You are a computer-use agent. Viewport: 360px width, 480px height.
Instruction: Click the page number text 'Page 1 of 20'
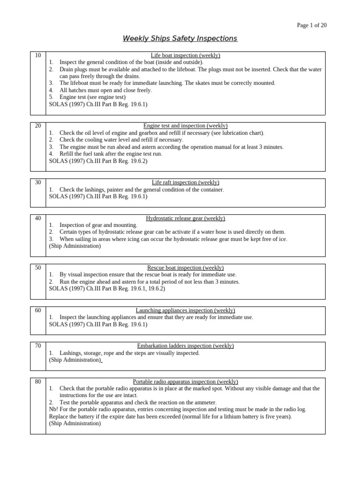tap(312, 25)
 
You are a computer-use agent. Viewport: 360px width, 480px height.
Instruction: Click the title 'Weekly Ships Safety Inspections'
tap(180, 38)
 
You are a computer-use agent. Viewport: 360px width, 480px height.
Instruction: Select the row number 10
tap(38, 55)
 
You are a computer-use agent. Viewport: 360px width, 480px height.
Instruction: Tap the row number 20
tap(38, 126)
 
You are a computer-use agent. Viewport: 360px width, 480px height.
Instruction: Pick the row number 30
tap(38, 182)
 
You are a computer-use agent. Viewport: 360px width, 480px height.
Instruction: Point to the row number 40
tap(38, 218)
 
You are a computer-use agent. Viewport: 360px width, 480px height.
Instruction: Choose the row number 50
tap(38, 268)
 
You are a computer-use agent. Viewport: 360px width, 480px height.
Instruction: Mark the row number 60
tap(38, 310)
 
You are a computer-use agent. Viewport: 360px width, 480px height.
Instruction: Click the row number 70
tap(38, 346)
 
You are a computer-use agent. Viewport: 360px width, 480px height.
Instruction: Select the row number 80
tap(38, 382)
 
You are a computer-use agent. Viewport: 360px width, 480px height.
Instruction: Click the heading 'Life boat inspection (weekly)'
tap(186, 55)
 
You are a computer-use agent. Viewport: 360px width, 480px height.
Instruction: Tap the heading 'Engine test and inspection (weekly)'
tap(186, 126)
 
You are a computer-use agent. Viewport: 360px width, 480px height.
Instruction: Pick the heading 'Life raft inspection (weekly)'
tap(186, 182)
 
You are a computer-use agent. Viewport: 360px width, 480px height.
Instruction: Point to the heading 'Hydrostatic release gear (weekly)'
tap(186, 218)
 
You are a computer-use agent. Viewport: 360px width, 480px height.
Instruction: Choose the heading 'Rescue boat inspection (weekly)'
tap(186, 268)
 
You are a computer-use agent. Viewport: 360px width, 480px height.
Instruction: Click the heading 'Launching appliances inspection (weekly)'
tap(186, 310)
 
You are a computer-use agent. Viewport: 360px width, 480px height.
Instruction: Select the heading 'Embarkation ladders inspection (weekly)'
tap(186, 346)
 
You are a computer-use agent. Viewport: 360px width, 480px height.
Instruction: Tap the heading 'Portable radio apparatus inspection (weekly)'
tap(186, 382)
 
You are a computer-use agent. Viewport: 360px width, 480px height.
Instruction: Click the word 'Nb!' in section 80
tap(54, 409)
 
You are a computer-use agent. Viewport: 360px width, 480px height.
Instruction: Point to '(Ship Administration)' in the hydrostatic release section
tap(75, 246)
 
